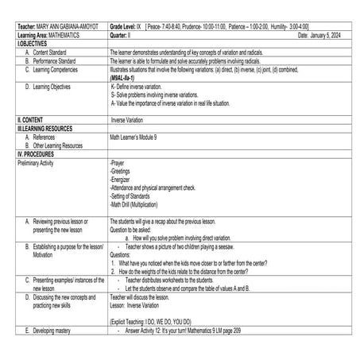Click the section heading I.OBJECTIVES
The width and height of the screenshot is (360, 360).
pos(33,43)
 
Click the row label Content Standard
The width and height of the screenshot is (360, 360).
pos(51,51)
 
